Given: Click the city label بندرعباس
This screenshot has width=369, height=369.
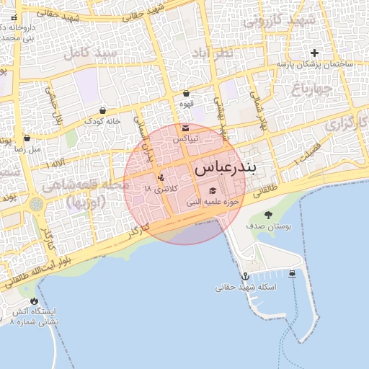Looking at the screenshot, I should [x=224, y=169].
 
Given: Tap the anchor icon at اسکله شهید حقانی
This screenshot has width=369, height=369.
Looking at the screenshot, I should [x=245, y=277].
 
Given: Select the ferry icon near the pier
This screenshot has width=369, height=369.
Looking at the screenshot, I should [x=292, y=273].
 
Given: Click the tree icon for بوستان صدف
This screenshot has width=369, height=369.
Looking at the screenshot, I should [x=268, y=215].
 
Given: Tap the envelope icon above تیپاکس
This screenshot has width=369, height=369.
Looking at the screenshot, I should [x=186, y=128].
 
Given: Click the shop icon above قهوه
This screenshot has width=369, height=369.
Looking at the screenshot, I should [x=187, y=93].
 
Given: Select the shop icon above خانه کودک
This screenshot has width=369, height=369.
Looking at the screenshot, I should [x=103, y=111].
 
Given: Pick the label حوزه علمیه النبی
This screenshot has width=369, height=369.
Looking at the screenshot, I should [x=213, y=203].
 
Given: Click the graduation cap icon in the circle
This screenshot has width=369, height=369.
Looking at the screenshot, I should [x=213, y=191].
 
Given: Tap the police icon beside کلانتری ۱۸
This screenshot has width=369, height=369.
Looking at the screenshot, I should [x=161, y=177].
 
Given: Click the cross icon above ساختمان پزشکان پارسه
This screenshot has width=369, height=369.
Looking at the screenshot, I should [x=314, y=53].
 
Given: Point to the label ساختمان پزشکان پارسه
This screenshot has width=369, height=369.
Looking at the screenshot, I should [x=314, y=64].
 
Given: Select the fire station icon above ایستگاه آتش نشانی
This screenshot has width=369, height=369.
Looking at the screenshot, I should [x=34, y=301].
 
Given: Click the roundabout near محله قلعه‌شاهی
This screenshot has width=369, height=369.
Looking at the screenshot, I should [x=36, y=205].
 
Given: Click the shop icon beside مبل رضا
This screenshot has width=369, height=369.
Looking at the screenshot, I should [x=27, y=138].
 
